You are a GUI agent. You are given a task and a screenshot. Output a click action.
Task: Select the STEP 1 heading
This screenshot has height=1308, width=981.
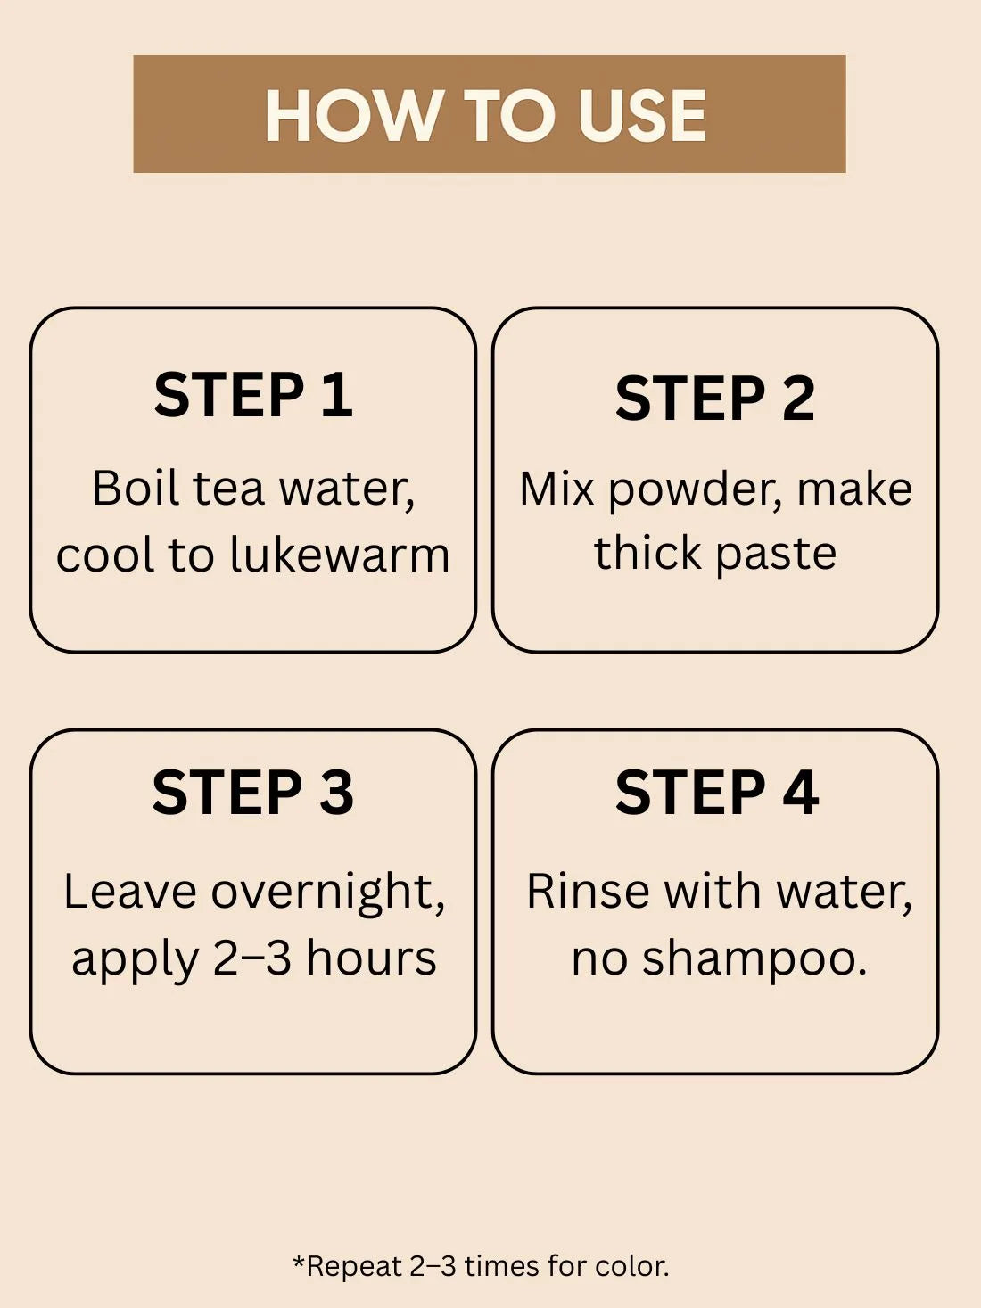(253, 394)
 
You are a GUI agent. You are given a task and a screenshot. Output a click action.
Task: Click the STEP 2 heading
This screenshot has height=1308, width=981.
(714, 398)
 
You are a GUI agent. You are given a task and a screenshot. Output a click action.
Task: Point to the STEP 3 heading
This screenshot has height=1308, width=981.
(253, 792)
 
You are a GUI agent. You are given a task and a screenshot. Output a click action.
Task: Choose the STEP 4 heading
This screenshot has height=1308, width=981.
(717, 792)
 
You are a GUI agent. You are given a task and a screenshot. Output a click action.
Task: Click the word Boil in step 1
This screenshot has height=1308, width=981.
(136, 489)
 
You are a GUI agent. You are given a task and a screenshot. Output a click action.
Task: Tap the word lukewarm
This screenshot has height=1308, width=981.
(340, 555)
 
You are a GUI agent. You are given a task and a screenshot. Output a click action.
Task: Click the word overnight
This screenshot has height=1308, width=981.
(328, 893)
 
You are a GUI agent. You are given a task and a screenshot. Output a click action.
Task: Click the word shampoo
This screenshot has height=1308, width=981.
(754, 960)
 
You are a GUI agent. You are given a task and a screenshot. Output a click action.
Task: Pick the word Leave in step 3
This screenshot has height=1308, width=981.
(130, 892)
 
